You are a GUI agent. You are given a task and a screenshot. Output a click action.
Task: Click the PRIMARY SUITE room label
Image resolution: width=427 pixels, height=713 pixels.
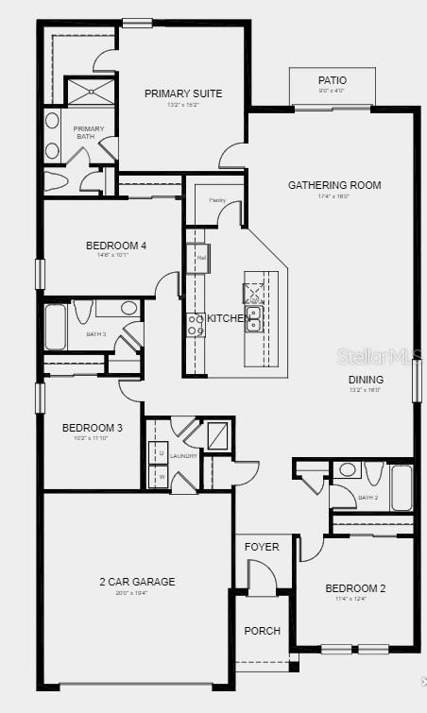tap(183, 93)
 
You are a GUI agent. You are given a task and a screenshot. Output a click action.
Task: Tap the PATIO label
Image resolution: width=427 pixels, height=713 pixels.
tap(332, 81)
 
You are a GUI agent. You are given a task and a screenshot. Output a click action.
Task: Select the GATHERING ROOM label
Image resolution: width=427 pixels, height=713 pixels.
tap(334, 185)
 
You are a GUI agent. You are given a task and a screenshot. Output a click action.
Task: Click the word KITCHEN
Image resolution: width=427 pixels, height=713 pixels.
tap(227, 319)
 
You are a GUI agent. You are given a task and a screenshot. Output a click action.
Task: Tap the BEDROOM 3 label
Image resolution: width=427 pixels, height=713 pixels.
tap(93, 428)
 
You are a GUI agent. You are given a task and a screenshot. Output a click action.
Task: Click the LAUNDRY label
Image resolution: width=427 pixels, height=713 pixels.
tap(184, 456)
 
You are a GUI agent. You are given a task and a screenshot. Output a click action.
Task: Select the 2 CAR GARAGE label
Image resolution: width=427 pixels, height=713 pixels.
tap(137, 582)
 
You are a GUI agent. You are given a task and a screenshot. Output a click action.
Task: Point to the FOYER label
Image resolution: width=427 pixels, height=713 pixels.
tap(262, 548)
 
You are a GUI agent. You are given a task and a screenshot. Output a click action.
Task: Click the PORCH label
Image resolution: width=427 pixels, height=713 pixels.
tap(262, 631)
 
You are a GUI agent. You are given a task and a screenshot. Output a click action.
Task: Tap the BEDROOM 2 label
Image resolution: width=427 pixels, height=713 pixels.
tap(355, 588)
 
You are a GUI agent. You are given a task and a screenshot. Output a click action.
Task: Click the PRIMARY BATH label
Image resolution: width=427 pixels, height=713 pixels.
tap(89, 133)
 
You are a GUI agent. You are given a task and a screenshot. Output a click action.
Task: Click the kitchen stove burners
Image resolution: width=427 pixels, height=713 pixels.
tap(196, 325)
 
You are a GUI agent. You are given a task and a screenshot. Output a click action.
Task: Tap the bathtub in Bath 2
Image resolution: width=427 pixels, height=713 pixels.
tap(401, 487)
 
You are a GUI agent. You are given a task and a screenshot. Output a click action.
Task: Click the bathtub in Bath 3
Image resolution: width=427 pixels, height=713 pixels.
tap(55, 326)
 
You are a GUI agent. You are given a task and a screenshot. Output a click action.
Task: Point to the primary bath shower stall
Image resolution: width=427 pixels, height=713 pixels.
tap(88, 92)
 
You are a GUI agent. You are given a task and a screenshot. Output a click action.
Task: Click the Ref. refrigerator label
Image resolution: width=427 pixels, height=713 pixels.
tap(201, 257)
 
